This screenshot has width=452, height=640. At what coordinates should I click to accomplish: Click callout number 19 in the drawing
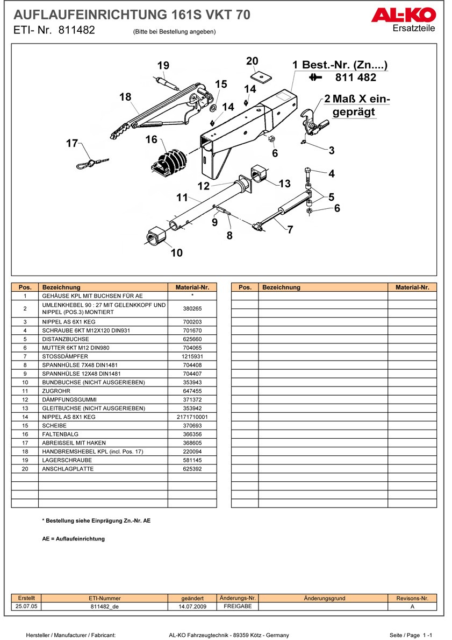[163, 66]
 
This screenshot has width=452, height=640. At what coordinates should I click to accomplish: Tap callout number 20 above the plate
[252, 61]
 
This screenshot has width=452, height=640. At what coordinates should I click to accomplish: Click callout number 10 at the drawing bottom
[176, 253]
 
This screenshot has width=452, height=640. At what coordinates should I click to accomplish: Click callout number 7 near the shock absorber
[290, 230]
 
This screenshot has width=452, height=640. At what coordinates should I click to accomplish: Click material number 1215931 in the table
[192, 356]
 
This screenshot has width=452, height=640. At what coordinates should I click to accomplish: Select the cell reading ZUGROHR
[56, 391]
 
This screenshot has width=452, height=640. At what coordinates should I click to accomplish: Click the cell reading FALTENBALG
[60, 434]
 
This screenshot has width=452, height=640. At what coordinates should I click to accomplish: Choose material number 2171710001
[192, 417]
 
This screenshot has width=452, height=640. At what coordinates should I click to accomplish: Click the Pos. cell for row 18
[25, 451]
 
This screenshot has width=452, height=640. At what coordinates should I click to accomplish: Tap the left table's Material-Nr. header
[192, 287]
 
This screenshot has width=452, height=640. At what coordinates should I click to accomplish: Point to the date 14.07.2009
[192, 606]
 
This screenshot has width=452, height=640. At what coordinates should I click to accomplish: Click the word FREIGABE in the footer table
[238, 606]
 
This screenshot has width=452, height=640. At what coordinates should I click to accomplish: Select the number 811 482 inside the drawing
[356, 78]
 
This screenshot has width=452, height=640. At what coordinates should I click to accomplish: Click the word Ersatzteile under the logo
[414, 29]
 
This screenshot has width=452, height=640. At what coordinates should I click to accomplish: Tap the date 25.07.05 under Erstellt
[26, 606]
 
